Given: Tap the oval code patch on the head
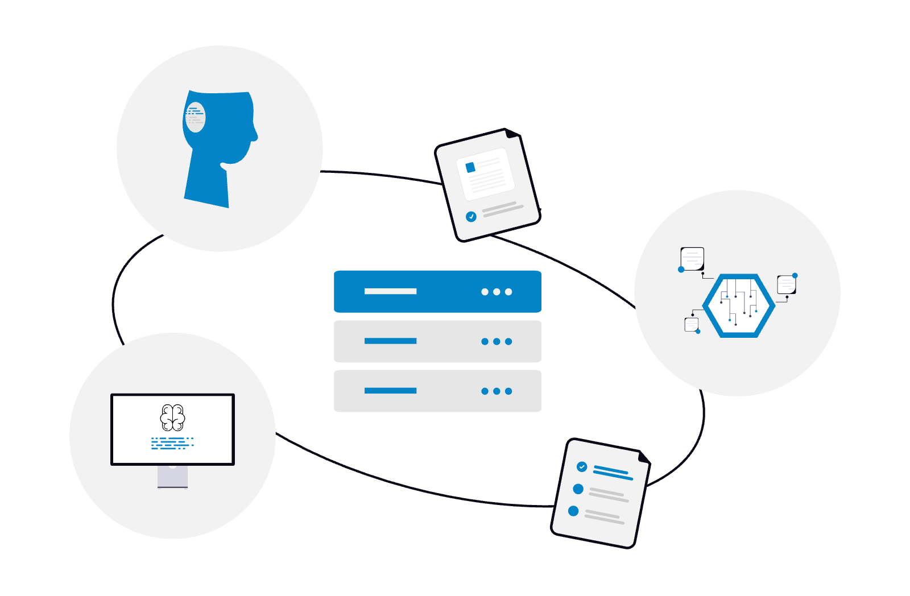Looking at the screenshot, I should click(x=195, y=117).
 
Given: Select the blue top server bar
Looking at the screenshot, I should click(x=437, y=292).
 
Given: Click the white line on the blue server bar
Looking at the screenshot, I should click(x=390, y=292).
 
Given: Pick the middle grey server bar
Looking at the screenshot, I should click(x=437, y=341).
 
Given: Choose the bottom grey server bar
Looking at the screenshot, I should click(x=437, y=391).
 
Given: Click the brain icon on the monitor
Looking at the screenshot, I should click(x=172, y=417).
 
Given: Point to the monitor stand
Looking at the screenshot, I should click(x=172, y=477).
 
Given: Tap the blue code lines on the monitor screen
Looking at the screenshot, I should click(x=172, y=443).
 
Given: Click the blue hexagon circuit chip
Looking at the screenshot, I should click(x=739, y=306).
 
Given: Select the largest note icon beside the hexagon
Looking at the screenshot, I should click(x=692, y=259).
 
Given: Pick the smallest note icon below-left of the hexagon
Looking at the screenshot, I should click(x=692, y=324).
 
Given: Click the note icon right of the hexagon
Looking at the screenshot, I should click(x=787, y=284).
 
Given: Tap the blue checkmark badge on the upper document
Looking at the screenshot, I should click(x=471, y=217).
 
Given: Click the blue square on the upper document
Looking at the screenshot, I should click(x=470, y=167).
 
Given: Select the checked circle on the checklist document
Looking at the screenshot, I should click(x=582, y=467).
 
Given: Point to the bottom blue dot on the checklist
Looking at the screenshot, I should click(x=573, y=511).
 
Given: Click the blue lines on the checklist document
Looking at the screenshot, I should click(x=613, y=473).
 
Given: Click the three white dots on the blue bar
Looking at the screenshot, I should click(x=497, y=292).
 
